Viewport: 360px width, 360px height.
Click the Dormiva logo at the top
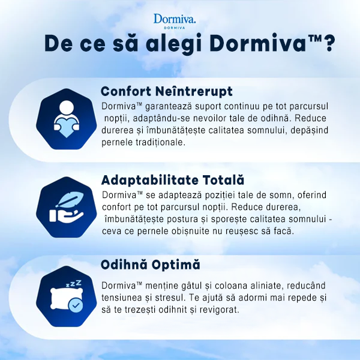tap(175, 20)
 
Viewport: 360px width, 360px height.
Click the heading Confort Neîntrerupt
tap(167, 91)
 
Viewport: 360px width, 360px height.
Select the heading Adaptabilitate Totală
tap(173, 180)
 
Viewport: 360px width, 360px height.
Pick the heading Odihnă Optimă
tap(151, 265)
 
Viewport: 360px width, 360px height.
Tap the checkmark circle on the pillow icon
tap(74, 306)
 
